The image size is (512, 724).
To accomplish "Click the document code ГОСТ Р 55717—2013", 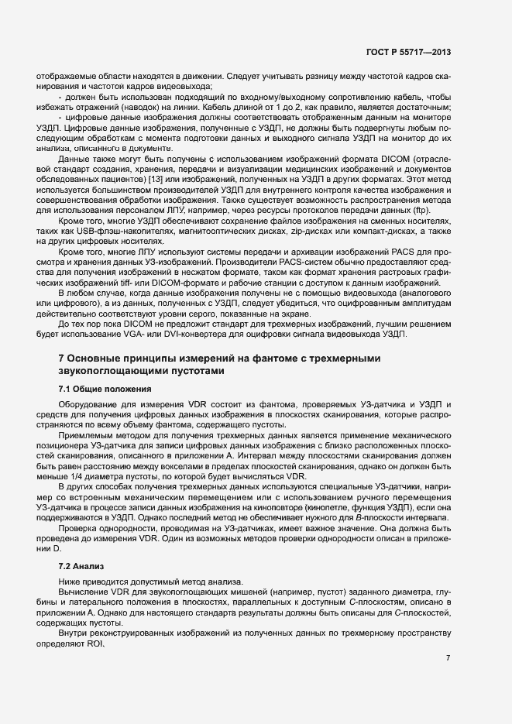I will coord(408,52).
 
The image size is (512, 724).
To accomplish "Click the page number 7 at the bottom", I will coord(448,657).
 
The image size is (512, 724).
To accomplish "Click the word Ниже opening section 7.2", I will coord(70,582).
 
